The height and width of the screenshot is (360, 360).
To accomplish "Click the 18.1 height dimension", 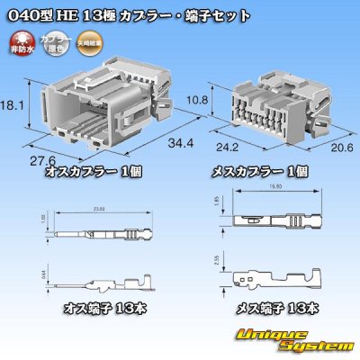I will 12,104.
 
